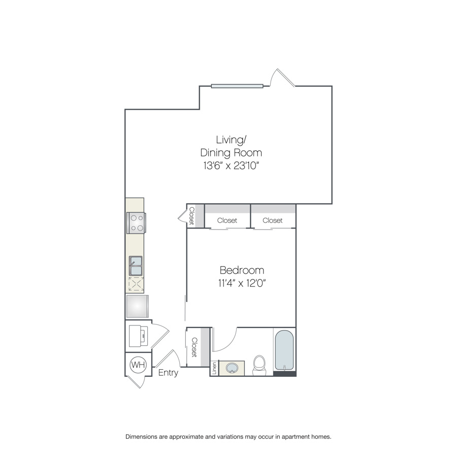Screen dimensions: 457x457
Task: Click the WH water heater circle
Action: click(138, 365)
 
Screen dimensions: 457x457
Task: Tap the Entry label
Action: click(168, 373)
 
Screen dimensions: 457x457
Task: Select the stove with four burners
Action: click(137, 223)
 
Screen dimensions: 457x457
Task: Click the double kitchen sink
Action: click(136, 266)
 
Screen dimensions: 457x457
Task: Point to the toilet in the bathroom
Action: click(259, 366)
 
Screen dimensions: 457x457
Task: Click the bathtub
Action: click(284, 350)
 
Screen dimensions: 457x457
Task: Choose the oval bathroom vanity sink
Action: click(232, 368)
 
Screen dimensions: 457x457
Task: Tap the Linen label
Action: click(214, 369)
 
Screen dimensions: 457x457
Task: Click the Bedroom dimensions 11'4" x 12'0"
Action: click(242, 283)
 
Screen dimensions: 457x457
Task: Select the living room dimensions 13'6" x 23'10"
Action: click(231, 166)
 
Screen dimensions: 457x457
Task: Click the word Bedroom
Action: click(242, 270)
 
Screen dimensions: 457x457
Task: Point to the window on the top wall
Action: click(237, 86)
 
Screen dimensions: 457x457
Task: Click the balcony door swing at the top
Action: click(282, 78)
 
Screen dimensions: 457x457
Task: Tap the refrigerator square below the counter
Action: click(137, 306)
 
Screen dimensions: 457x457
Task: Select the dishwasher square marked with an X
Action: click(136, 284)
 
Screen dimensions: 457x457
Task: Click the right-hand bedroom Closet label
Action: click(273, 220)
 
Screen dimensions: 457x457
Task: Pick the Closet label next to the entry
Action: click(194, 347)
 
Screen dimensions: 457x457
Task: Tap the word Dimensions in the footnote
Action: click(141, 437)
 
